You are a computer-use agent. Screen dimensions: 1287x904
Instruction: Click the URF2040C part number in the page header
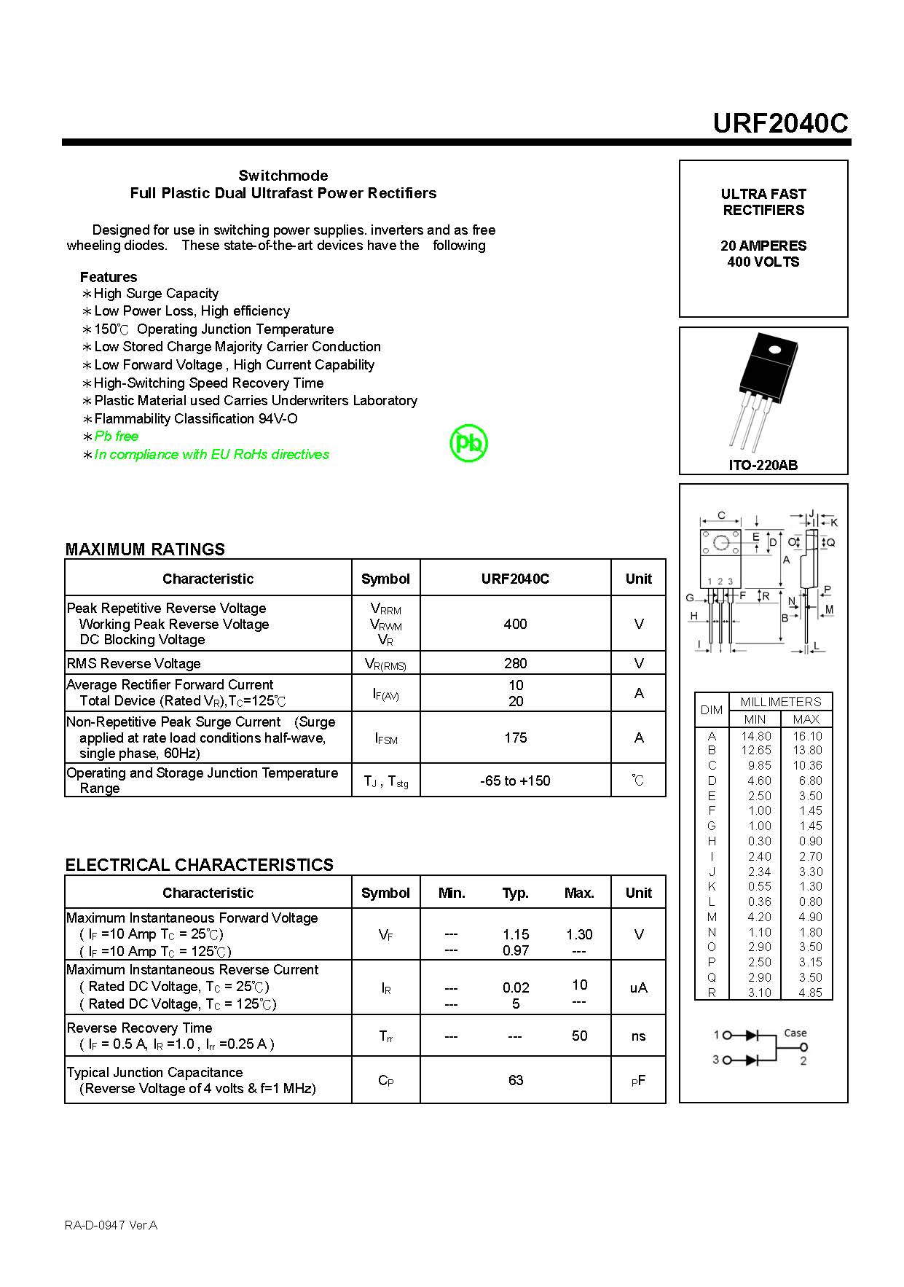click(x=780, y=123)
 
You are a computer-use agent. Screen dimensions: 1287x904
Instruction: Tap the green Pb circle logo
click(x=468, y=443)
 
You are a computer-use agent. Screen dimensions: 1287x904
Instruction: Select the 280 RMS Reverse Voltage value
click(x=515, y=663)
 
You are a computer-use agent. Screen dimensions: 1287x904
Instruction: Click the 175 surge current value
click(x=515, y=738)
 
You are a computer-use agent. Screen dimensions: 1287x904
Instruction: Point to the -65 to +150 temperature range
click(x=515, y=781)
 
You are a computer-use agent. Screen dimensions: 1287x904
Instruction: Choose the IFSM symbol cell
click(x=385, y=738)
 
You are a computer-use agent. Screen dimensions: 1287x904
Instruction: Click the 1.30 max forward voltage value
click(x=579, y=934)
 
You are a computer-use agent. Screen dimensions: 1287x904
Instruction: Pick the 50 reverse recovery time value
click(x=579, y=1036)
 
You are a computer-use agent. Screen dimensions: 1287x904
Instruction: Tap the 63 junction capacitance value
click(x=515, y=1080)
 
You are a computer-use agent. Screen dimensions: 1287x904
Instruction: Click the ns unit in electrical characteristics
click(x=638, y=1036)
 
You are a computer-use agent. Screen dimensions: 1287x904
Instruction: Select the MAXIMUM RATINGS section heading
click(x=145, y=549)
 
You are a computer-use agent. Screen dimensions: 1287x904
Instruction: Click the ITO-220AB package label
click(x=763, y=465)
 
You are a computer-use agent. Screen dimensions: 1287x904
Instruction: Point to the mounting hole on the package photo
click(x=774, y=349)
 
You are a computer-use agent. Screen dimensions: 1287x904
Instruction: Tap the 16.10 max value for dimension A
click(x=806, y=736)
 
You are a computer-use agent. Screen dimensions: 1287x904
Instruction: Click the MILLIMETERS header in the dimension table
click(x=780, y=702)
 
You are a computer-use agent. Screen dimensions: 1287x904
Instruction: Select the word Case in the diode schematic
click(x=795, y=1033)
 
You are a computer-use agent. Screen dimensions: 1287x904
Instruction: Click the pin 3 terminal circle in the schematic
click(x=726, y=1060)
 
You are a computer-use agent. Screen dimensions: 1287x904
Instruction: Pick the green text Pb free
click(x=117, y=436)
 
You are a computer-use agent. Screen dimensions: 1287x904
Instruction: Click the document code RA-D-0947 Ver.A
click(x=111, y=1225)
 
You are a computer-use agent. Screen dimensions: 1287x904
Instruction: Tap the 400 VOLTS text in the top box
click(x=763, y=262)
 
